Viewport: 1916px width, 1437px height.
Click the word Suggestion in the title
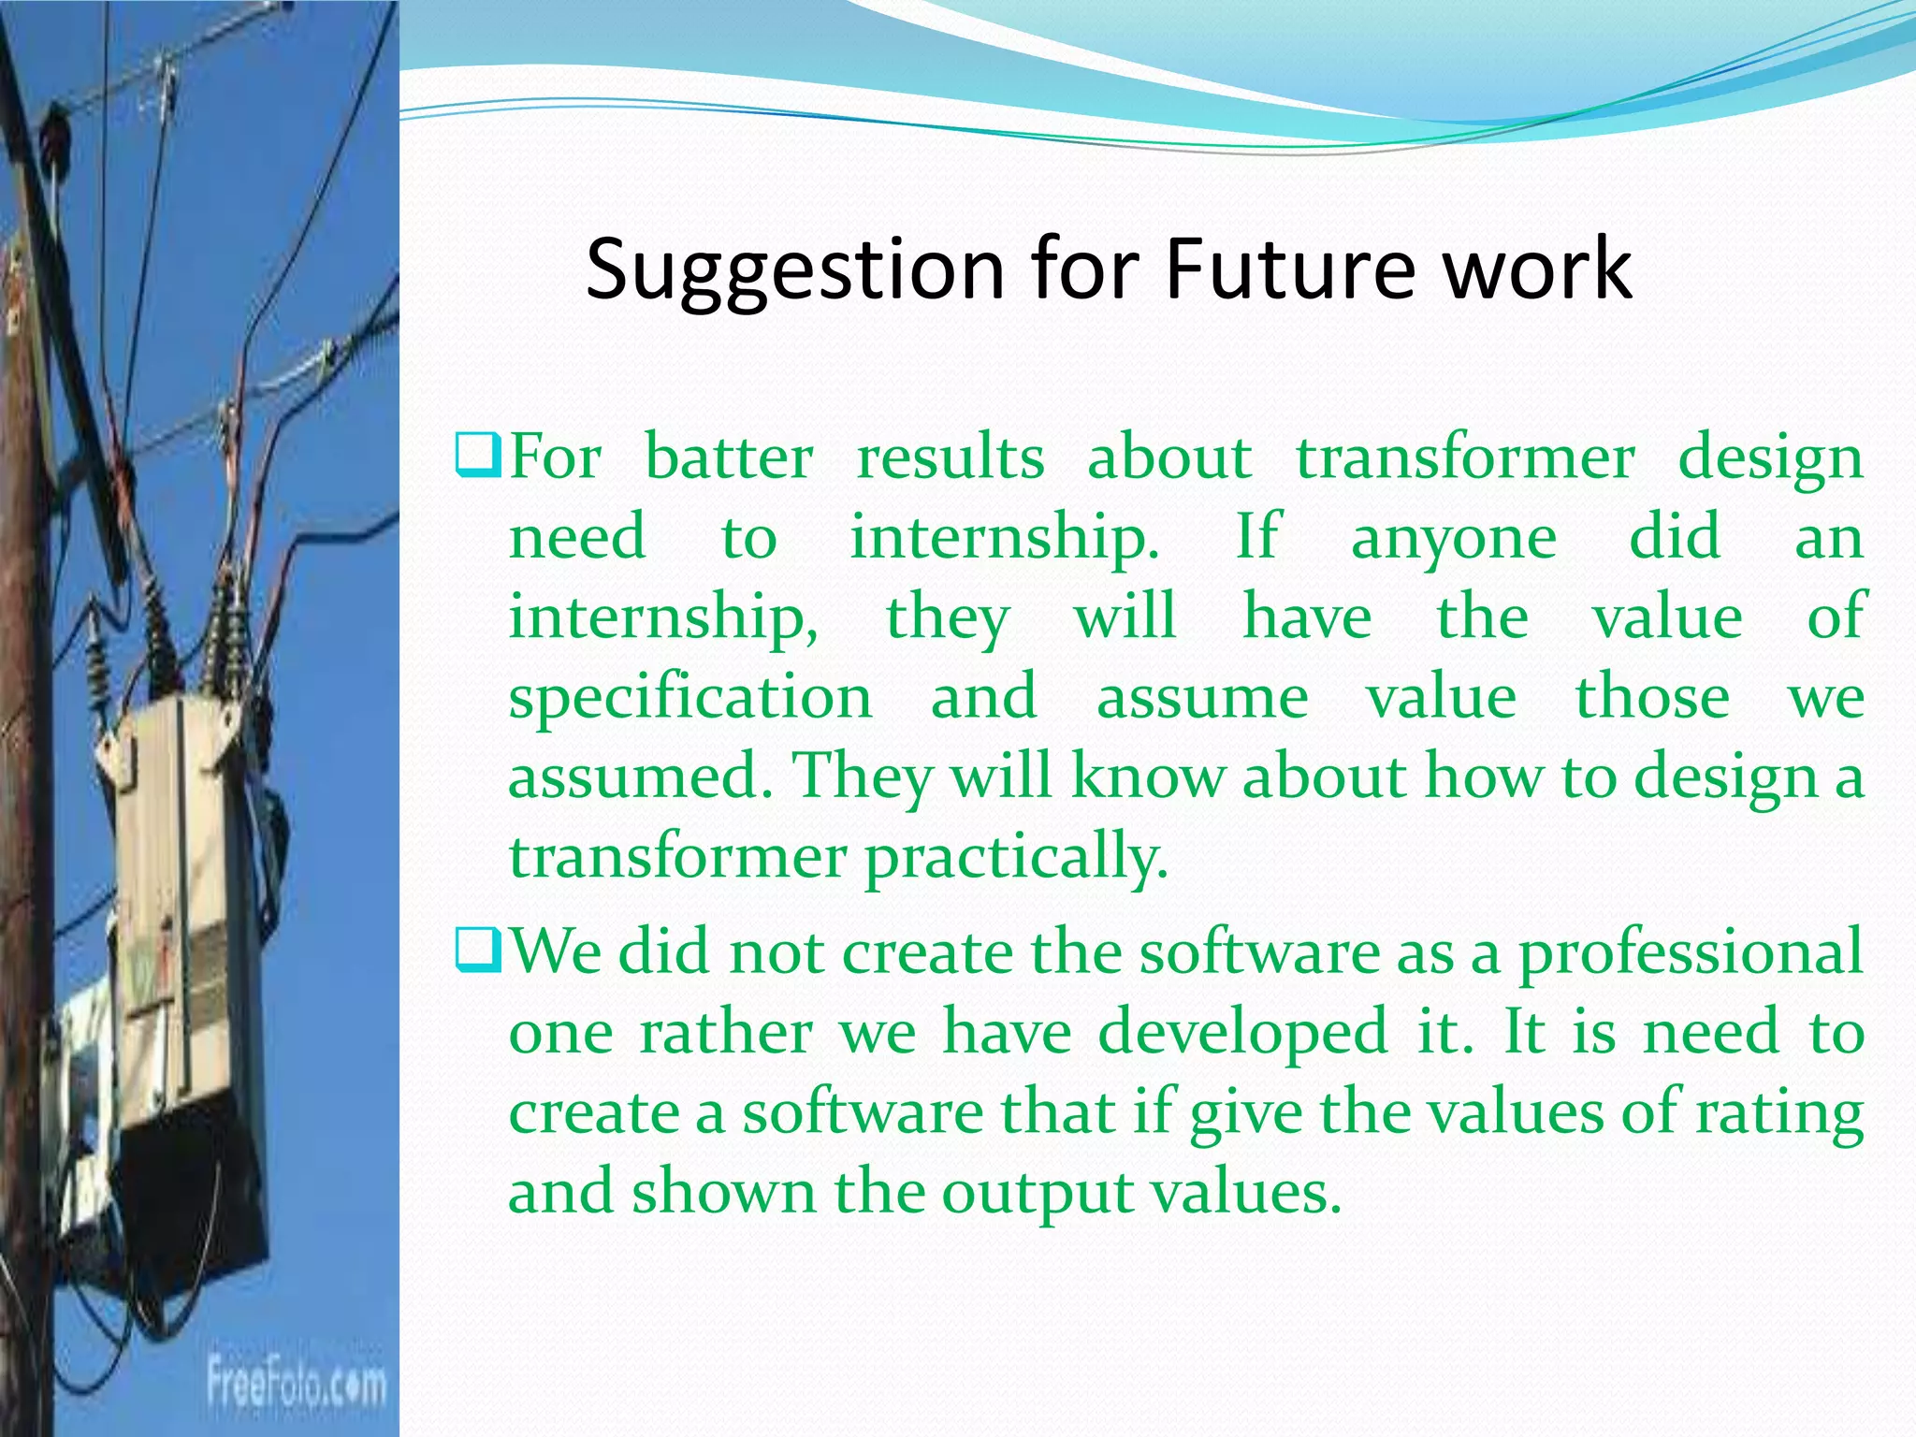[x=794, y=269]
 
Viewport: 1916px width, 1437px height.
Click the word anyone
[x=1454, y=539]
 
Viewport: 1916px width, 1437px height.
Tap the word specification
[x=690, y=698]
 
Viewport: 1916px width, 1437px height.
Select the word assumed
[x=640, y=777]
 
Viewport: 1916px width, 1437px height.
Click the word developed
[x=1242, y=1033]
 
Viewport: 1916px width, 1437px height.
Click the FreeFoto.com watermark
[x=296, y=1383]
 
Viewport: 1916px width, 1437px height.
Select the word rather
[x=726, y=1032]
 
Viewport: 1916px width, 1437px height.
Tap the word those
[x=1652, y=697]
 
